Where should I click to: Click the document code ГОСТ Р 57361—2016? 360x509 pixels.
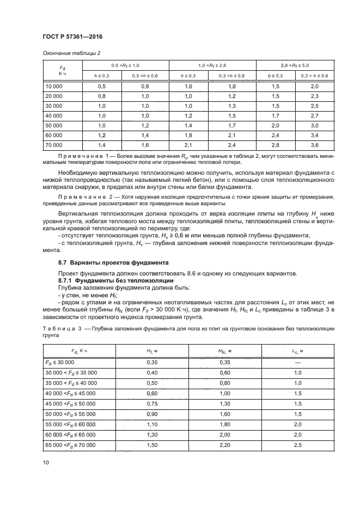tap(72, 36)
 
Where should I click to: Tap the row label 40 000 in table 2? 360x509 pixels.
tap(53, 116)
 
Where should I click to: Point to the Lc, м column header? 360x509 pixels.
tap(298, 351)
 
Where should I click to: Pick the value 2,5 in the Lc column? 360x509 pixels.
tap(298, 445)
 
